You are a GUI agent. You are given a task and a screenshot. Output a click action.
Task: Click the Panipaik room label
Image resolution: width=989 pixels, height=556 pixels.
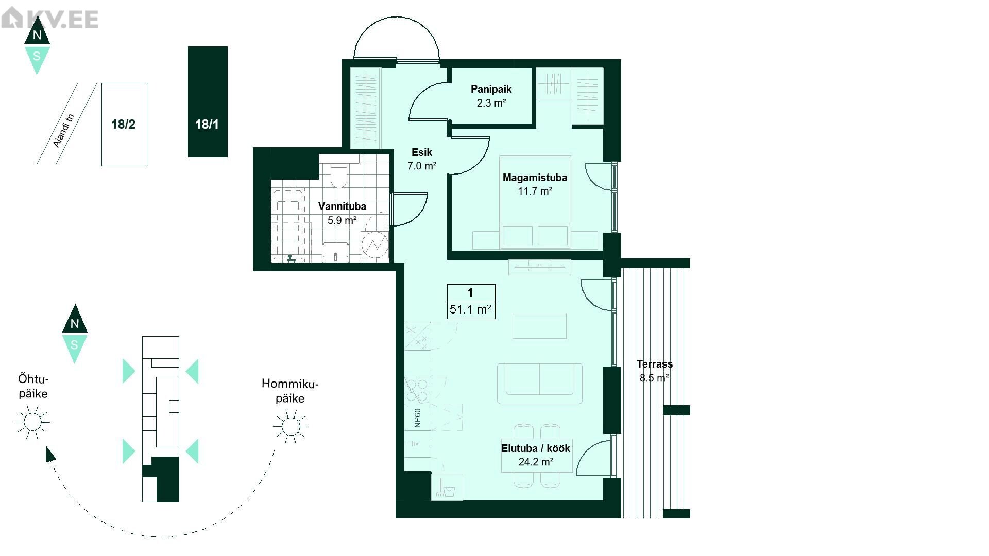[491, 96]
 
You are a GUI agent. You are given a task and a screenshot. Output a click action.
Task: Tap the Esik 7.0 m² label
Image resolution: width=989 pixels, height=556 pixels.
[422, 159]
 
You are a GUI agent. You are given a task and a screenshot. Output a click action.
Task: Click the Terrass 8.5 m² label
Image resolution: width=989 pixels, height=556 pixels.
[654, 371]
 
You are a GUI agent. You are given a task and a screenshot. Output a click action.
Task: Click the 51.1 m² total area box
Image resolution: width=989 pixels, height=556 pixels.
[471, 302]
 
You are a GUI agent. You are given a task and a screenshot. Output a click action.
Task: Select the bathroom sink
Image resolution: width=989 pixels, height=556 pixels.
[335, 252]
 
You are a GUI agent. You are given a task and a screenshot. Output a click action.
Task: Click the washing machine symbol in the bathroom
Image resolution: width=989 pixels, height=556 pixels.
[374, 246]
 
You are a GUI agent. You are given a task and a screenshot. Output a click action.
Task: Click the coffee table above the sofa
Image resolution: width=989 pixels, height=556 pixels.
[539, 325]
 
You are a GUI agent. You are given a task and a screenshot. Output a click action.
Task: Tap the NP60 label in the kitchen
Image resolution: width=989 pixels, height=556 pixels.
[418, 418]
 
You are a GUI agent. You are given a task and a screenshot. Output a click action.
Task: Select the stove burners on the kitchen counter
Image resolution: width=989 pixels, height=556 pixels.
[417, 390]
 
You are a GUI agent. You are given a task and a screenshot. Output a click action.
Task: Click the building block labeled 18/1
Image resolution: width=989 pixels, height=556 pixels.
[208, 101]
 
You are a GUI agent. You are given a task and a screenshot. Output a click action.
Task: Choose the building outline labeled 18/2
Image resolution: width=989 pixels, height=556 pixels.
[125, 125]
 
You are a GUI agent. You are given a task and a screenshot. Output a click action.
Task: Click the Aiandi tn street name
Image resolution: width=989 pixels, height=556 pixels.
[64, 130]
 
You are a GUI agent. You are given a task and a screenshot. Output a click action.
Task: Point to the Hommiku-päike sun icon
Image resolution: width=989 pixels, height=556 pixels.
[291, 426]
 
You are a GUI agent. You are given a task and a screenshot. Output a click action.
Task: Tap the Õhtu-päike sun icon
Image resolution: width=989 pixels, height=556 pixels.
[32, 422]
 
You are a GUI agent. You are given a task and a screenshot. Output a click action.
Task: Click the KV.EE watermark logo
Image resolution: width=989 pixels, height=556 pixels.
[49, 19]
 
